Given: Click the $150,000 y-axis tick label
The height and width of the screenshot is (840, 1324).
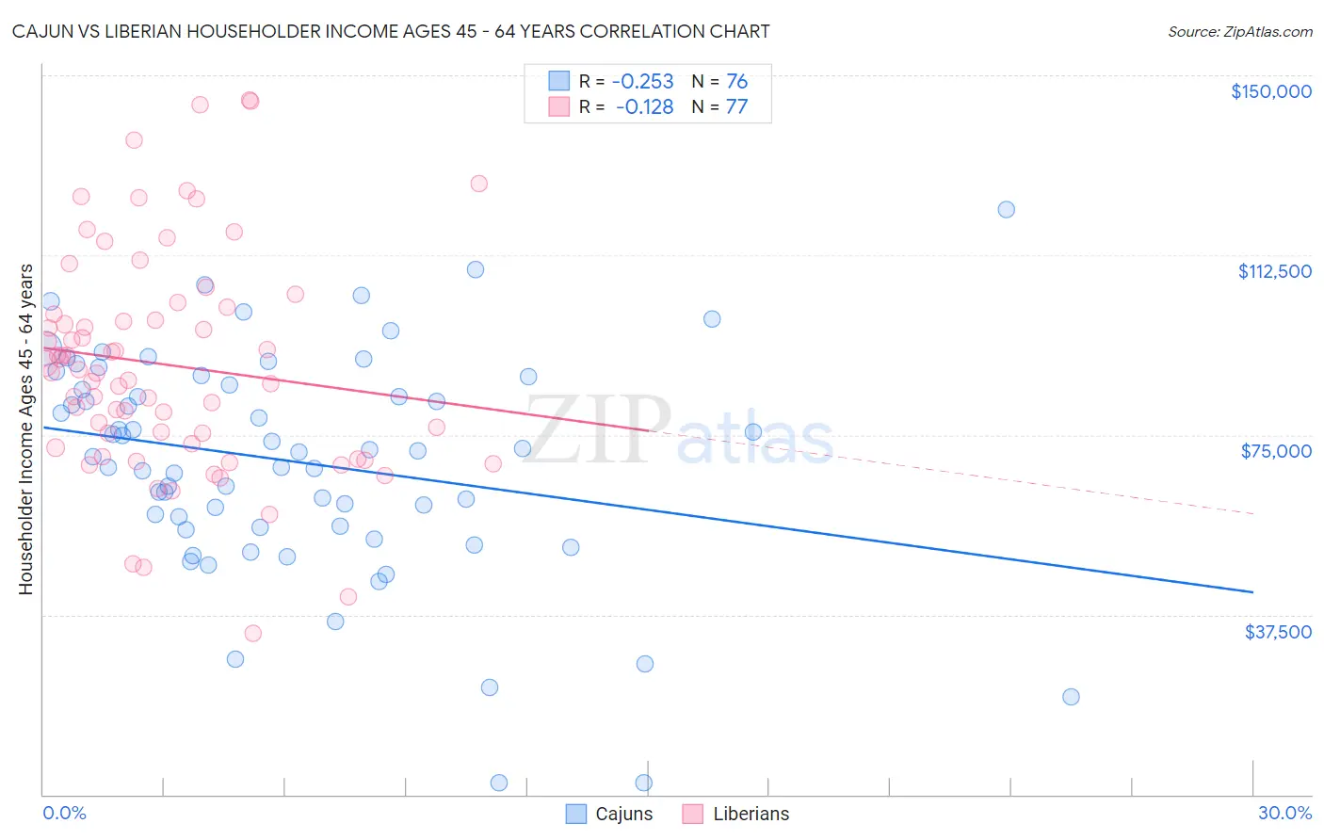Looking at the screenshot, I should point(1270,91).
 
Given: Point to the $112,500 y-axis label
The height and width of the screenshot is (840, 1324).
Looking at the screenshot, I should point(1274,271).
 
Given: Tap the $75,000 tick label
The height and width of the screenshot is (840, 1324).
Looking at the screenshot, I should point(1276,451).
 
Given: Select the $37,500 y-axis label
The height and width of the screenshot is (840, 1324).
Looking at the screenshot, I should point(1277,632).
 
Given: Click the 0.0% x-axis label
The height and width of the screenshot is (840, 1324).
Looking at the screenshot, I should point(64,813).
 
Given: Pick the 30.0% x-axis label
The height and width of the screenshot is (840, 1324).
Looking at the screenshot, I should point(1284,813).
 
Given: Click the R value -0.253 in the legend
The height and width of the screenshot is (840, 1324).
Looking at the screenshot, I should point(642,81).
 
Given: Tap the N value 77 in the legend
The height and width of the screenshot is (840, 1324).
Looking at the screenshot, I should point(736,106).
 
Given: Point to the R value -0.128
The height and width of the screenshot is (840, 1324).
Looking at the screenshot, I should point(644,106).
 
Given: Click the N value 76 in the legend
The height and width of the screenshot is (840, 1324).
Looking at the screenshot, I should point(736,81).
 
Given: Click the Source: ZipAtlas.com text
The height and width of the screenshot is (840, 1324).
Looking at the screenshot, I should point(1239,32).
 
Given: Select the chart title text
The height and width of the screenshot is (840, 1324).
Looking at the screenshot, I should point(391,32).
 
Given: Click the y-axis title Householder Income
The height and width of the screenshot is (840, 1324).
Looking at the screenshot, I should point(26,429).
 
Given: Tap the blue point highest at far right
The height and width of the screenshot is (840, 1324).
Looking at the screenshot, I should point(1006,209).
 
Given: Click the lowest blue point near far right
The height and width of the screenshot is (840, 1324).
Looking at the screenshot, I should point(1071,697).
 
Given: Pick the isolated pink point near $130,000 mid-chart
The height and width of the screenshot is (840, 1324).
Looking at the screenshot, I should point(478,184).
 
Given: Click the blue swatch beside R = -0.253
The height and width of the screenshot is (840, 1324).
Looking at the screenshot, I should point(559,81).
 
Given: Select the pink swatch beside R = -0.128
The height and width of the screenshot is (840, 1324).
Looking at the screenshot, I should point(559,106).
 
